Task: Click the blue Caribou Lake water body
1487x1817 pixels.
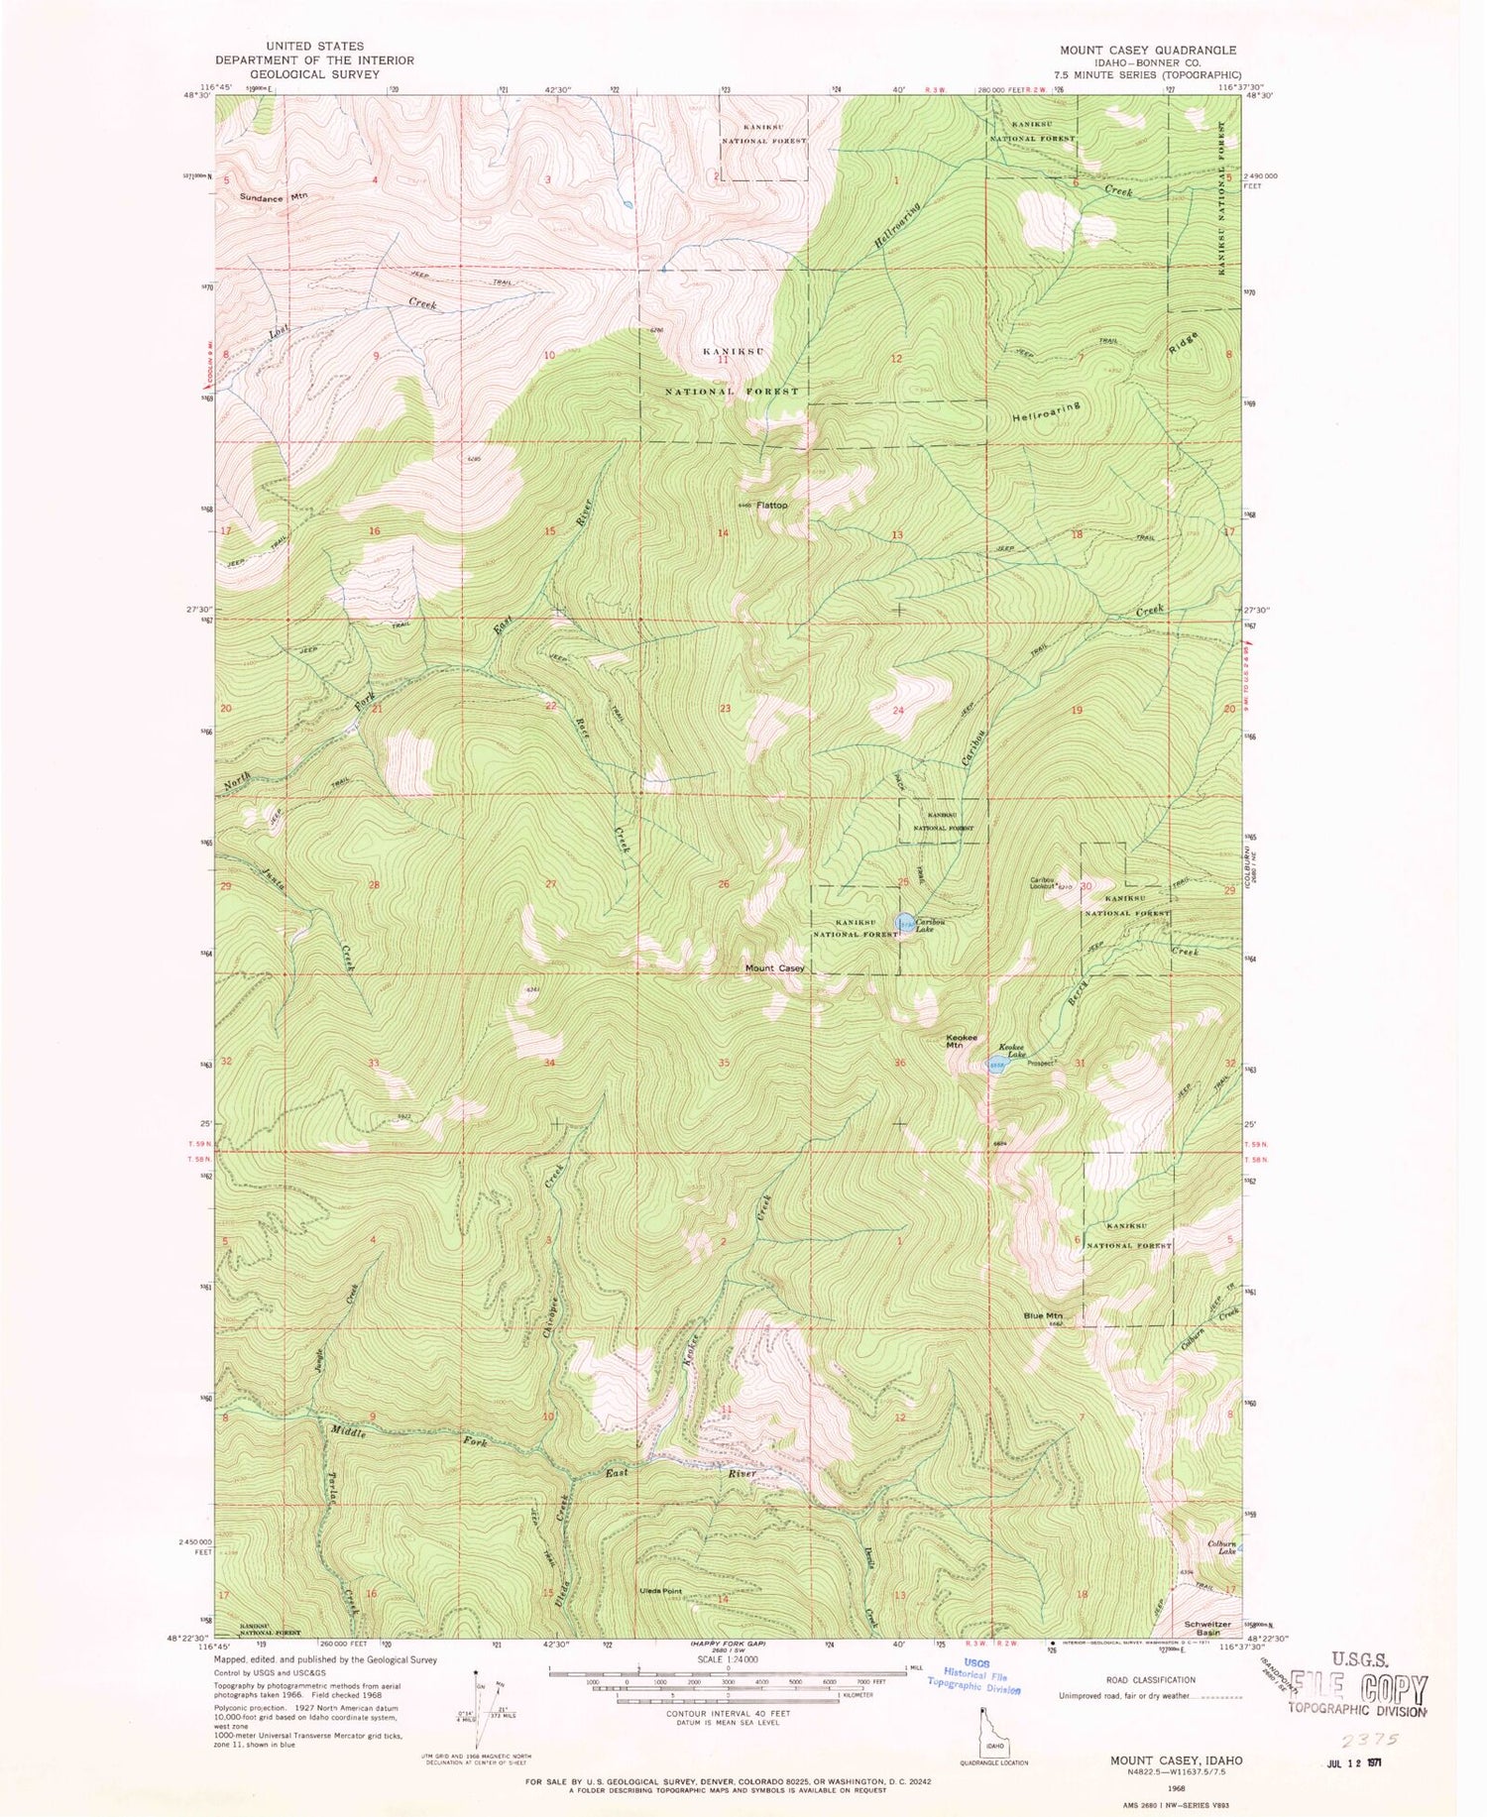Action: pos(905,923)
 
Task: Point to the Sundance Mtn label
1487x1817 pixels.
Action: pos(274,196)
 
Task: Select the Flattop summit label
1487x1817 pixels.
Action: pos(772,505)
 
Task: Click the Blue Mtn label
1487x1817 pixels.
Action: pos(1043,1315)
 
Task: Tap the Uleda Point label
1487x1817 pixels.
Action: pos(659,1619)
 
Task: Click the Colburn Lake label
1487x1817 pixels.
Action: pos(1220,1550)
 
